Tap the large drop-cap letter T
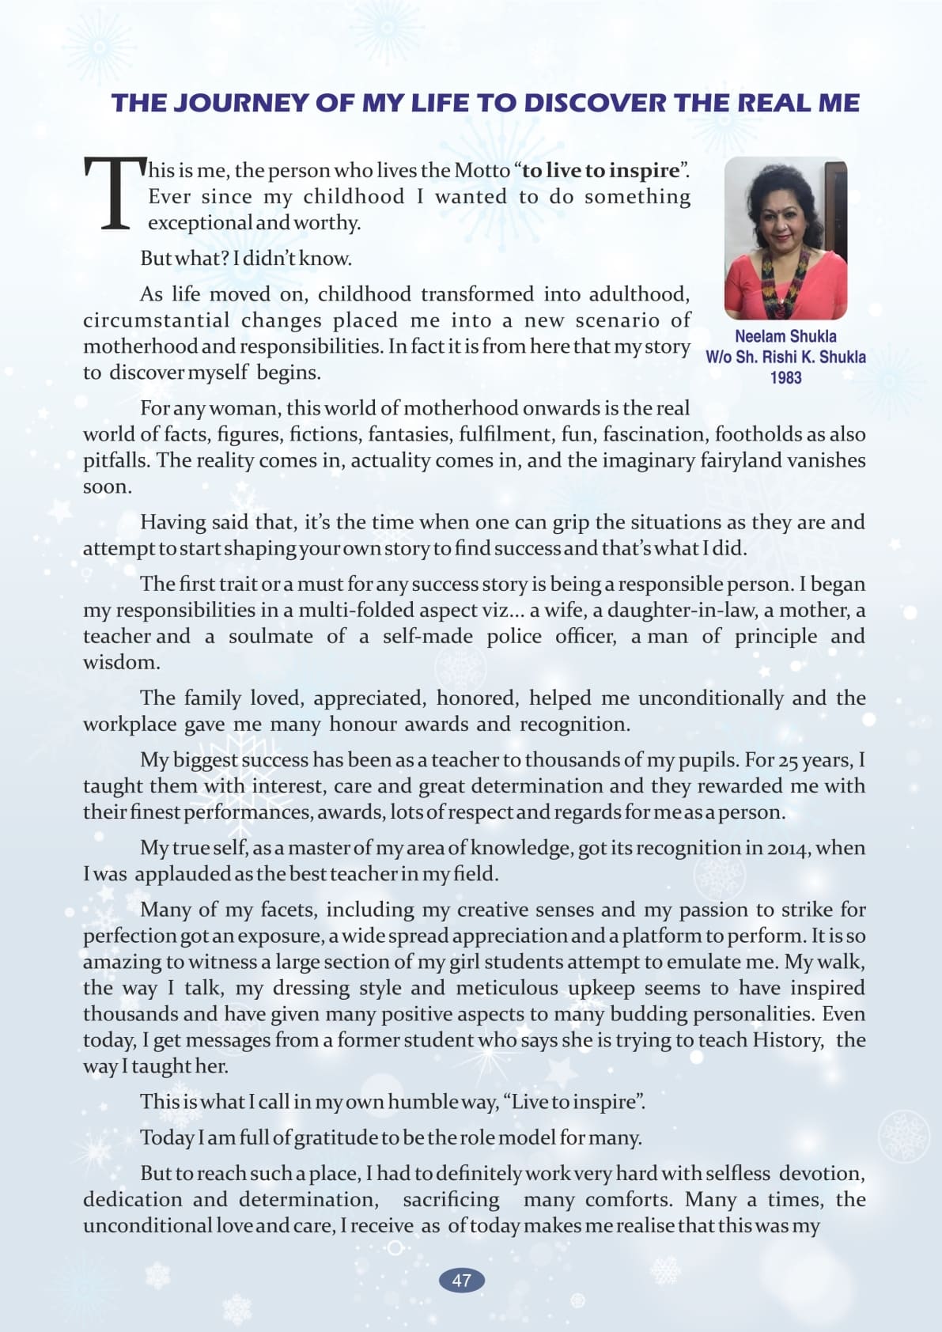tap(115, 194)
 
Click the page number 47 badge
tap(462, 1281)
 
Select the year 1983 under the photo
tap(785, 378)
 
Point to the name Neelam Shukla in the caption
tap(785, 336)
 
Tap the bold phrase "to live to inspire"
tap(601, 170)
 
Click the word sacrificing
tap(451, 1200)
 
